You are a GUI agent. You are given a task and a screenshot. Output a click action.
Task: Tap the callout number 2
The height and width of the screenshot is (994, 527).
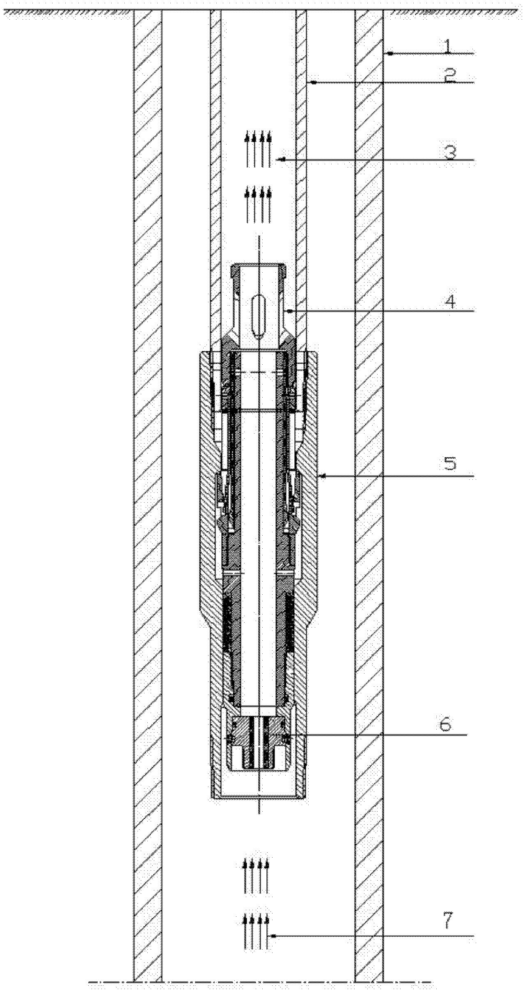tap(450, 76)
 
